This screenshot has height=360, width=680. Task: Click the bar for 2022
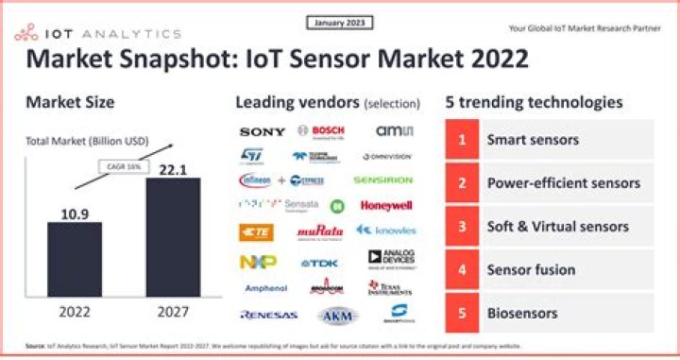(x=76, y=260)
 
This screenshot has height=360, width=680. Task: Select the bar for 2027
(x=174, y=237)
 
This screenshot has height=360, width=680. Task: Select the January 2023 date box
(x=341, y=22)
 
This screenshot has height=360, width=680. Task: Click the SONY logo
(x=262, y=131)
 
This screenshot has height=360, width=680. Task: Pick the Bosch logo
(x=321, y=131)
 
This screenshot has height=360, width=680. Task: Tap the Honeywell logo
(x=385, y=205)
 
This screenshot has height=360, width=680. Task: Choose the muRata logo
(x=321, y=231)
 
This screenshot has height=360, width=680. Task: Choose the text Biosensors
(x=521, y=313)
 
